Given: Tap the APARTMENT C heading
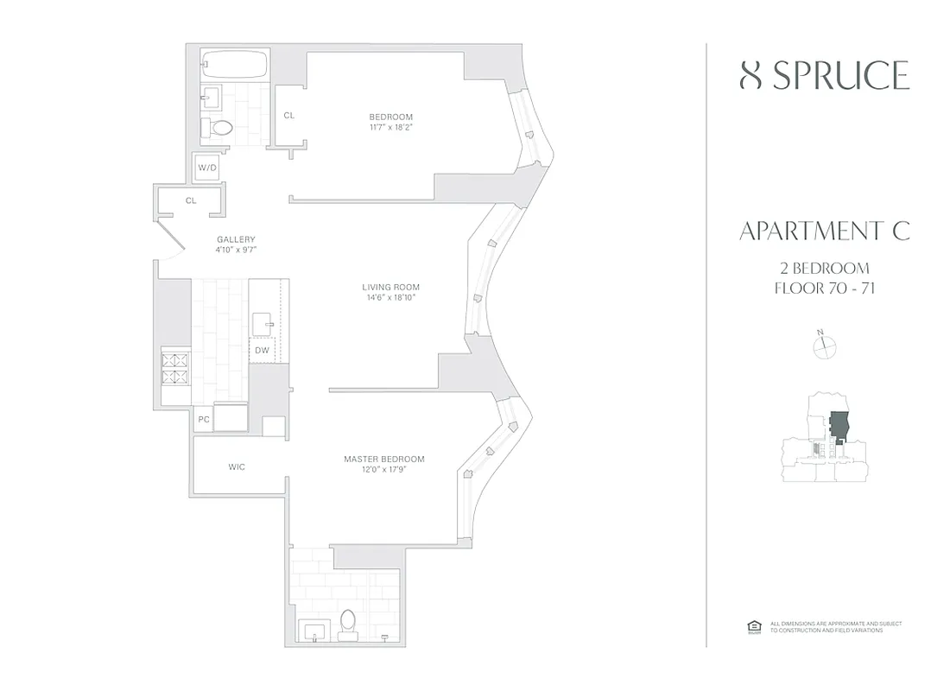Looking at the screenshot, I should click(824, 231).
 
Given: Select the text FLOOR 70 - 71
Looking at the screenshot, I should click(824, 288).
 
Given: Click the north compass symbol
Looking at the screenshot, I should click(826, 345).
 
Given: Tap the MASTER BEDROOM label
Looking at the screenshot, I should click(383, 465).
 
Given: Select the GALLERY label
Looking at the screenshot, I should click(236, 244).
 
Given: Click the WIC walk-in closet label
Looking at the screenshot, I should click(237, 467).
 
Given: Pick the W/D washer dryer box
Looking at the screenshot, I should click(207, 168).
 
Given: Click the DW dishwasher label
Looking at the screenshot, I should click(262, 350).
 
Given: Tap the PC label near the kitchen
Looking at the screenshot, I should click(204, 420).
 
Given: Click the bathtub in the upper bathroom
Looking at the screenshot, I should click(234, 65).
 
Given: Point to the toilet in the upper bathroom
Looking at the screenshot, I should click(221, 129).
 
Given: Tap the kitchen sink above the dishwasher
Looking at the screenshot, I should click(263, 324).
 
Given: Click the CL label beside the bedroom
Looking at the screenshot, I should click(289, 115).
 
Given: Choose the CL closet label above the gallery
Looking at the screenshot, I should click(191, 200).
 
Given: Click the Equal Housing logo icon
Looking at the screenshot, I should click(752, 627).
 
